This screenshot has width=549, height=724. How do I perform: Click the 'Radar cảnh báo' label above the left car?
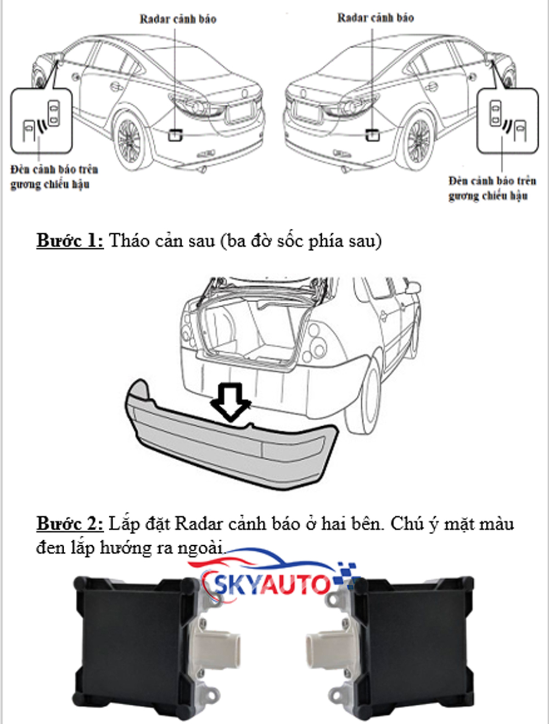pyautogui.click(x=178, y=19)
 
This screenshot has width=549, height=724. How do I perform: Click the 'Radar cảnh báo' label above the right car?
pyautogui.click(x=376, y=18)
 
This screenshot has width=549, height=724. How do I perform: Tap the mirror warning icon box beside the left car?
pyautogui.click(x=41, y=121)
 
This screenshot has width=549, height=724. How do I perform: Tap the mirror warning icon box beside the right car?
pyautogui.click(x=507, y=121)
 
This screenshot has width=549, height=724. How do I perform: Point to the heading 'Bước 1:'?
pyautogui.click(x=70, y=241)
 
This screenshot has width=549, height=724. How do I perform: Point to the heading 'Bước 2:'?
pyautogui.click(x=70, y=524)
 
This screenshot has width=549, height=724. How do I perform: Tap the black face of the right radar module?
pyautogui.click(x=412, y=647)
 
